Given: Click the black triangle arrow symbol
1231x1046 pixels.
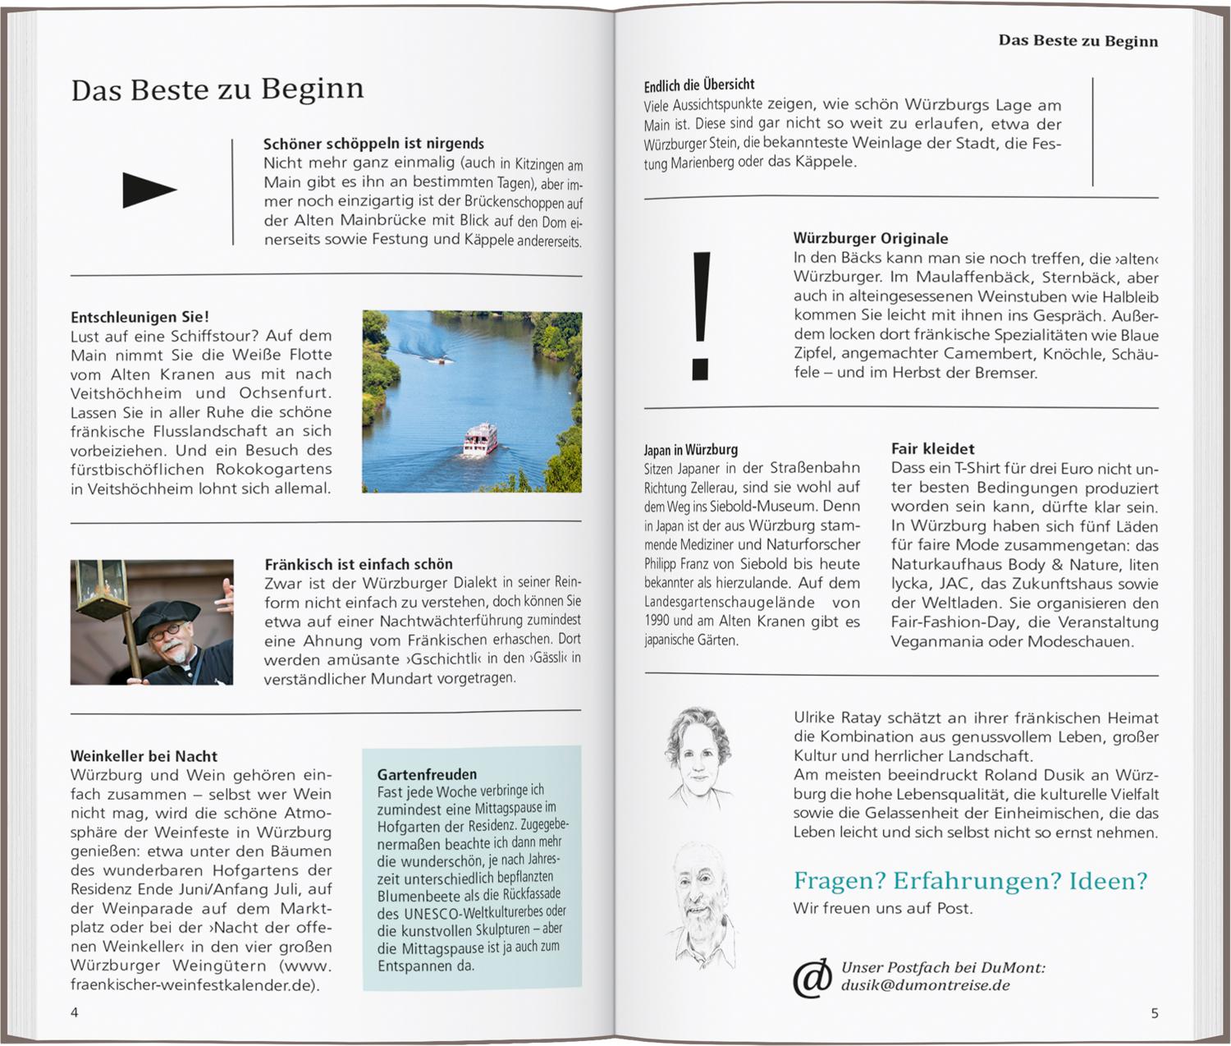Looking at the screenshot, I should click(148, 190).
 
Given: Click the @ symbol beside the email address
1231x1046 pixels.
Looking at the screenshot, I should click(812, 978).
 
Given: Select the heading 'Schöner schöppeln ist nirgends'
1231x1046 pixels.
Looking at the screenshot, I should click(373, 144).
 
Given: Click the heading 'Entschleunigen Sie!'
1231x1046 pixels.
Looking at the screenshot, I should click(140, 317).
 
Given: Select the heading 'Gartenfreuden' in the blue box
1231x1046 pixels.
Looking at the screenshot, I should click(427, 774).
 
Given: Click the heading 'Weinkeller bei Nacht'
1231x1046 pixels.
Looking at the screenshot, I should click(144, 756).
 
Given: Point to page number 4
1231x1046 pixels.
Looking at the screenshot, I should click(75, 1012).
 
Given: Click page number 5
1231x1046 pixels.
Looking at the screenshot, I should click(1154, 1013).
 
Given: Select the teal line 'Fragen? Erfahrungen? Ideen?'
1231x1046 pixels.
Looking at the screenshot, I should click(970, 881).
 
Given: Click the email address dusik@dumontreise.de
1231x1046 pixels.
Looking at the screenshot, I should click(925, 985).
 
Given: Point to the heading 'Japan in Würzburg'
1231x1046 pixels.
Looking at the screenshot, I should click(690, 450).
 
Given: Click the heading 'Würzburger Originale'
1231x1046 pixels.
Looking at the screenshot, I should click(870, 239).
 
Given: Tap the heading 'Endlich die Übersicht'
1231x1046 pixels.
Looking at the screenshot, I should click(698, 85).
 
